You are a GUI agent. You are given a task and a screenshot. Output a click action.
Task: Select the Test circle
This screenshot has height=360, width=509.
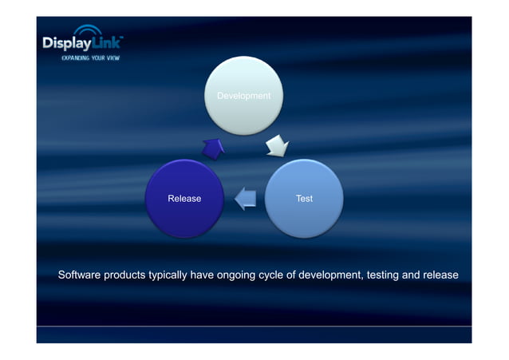pyautogui.click(x=304, y=198)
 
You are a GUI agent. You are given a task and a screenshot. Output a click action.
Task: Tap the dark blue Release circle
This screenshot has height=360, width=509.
pyautogui.click(x=184, y=198)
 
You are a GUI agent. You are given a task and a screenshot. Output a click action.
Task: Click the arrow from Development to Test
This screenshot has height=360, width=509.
pyautogui.click(x=276, y=145)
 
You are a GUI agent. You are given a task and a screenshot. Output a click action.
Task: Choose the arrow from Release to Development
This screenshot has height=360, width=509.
pyautogui.click(x=213, y=148)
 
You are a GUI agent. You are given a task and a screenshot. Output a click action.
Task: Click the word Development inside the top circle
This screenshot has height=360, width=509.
pyautogui.click(x=244, y=96)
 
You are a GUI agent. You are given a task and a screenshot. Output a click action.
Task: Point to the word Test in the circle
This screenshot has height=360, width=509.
pyautogui.click(x=304, y=198)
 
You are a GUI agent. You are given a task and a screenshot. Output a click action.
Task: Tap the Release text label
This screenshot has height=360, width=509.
pyautogui.click(x=184, y=198)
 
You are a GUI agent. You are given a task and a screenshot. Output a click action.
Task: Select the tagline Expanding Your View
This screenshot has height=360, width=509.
pyautogui.click(x=91, y=59)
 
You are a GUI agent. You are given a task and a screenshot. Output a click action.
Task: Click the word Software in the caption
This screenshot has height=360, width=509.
pyautogui.click(x=79, y=275)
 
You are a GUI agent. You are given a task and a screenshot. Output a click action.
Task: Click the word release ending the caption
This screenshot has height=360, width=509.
pyautogui.click(x=441, y=275)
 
